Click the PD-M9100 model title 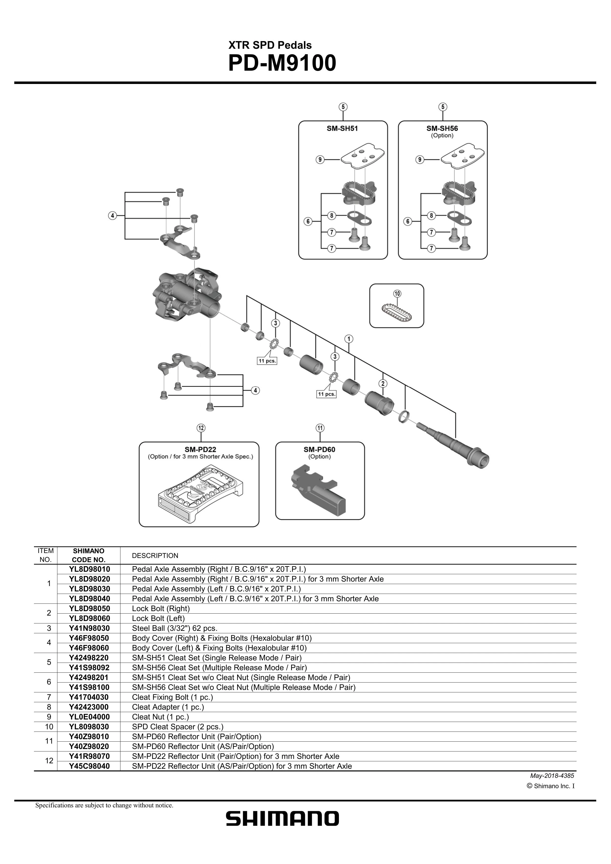point(282,64)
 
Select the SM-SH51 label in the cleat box point(342,128)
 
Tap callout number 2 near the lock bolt point(383,383)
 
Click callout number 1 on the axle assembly point(349,339)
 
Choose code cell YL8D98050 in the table point(89,608)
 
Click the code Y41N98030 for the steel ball point(89,628)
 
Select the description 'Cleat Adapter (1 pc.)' point(168,707)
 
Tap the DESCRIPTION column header point(155,556)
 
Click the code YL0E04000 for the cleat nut point(89,717)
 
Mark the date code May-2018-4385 point(552,776)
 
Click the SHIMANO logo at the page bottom point(282,819)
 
